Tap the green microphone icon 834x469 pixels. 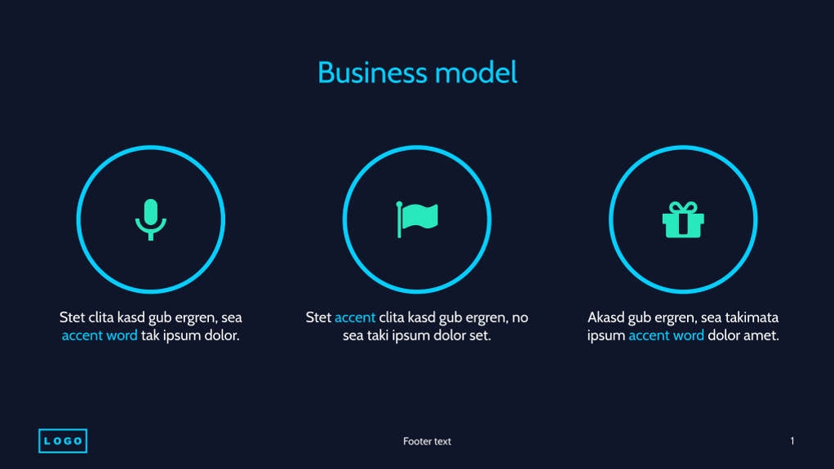(150, 219)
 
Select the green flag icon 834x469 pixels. (417, 218)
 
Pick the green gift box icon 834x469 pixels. (683, 220)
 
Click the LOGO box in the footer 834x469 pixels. (63, 441)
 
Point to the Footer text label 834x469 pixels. (427, 441)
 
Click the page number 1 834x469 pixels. (792, 441)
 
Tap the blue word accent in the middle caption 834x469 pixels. (355, 317)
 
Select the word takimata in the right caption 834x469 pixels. (750, 317)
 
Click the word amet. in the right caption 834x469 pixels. (761, 335)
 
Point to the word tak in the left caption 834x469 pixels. (151, 335)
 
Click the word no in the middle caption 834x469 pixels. (520, 317)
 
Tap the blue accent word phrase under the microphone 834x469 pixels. (100, 335)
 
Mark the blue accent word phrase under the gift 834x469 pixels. (666, 335)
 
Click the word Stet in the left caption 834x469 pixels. (73, 317)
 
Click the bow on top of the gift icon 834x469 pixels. (683, 206)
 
